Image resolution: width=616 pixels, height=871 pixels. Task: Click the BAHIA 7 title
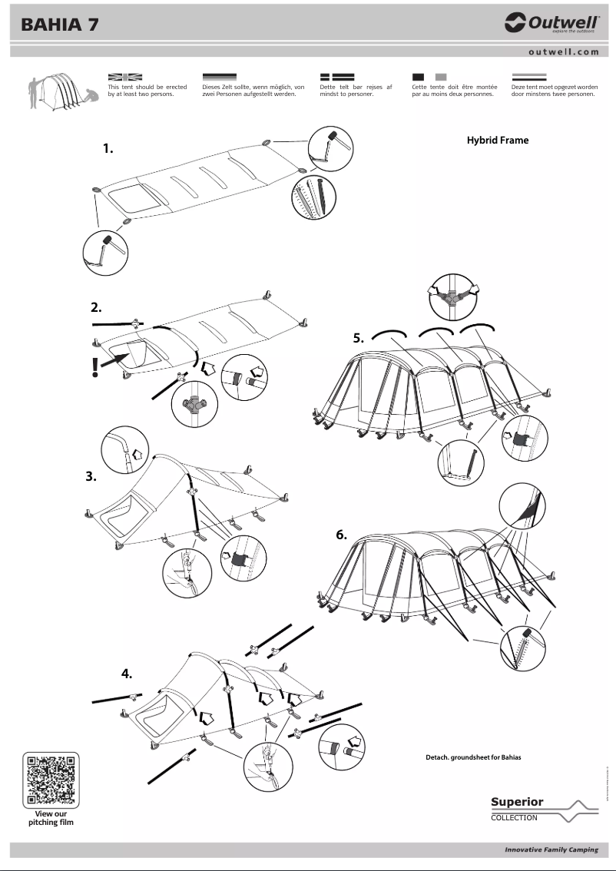[x=59, y=25]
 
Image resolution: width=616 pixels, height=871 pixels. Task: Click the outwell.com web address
[x=563, y=51]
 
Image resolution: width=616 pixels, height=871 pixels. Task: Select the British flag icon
[x=125, y=78]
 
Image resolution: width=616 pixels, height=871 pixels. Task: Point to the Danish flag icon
[x=336, y=78]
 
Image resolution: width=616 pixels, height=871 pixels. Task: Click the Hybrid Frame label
[x=498, y=141]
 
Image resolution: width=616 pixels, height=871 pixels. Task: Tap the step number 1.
[x=108, y=149]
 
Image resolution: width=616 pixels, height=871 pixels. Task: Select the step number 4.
[x=127, y=674]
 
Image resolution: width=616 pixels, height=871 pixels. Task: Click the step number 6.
[x=342, y=535]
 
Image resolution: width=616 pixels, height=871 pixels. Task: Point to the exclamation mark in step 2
[x=95, y=368]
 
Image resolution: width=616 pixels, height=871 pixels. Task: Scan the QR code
[x=51, y=779]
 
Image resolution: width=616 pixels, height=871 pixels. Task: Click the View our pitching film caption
[x=51, y=817]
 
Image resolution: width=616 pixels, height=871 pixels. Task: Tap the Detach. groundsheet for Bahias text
[x=473, y=757]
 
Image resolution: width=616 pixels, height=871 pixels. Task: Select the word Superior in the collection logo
[x=517, y=802]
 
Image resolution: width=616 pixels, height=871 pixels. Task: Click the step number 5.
[x=358, y=338]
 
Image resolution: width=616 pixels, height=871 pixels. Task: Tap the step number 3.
[x=91, y=476]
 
